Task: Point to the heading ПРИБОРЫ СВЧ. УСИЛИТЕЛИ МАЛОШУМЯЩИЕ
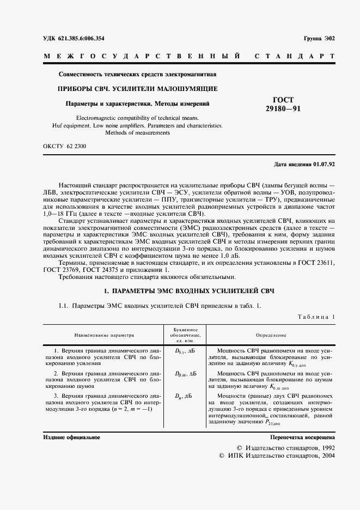[x=138, y=88]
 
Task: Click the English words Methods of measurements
[x=138, y=132]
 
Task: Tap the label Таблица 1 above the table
[x=316, y=317]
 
